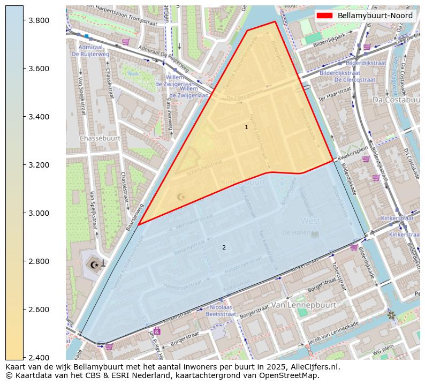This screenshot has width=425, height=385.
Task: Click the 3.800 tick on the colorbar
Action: pos(39,20)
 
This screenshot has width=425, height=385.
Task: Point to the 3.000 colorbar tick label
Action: pos(39,213)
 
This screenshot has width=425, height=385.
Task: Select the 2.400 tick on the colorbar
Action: pos(39,358)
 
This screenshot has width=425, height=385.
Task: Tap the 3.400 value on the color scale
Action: pos(39,117)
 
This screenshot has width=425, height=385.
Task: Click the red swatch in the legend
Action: pos(324,16)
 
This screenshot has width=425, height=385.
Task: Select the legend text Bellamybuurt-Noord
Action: pos(375,16)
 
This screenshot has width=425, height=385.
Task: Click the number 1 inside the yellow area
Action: pos(246,127)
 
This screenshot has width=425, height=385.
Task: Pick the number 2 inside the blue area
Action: pos(224,247)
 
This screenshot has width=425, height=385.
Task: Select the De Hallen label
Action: pos(294,232)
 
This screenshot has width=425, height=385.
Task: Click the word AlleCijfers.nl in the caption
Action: pos(312,367)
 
